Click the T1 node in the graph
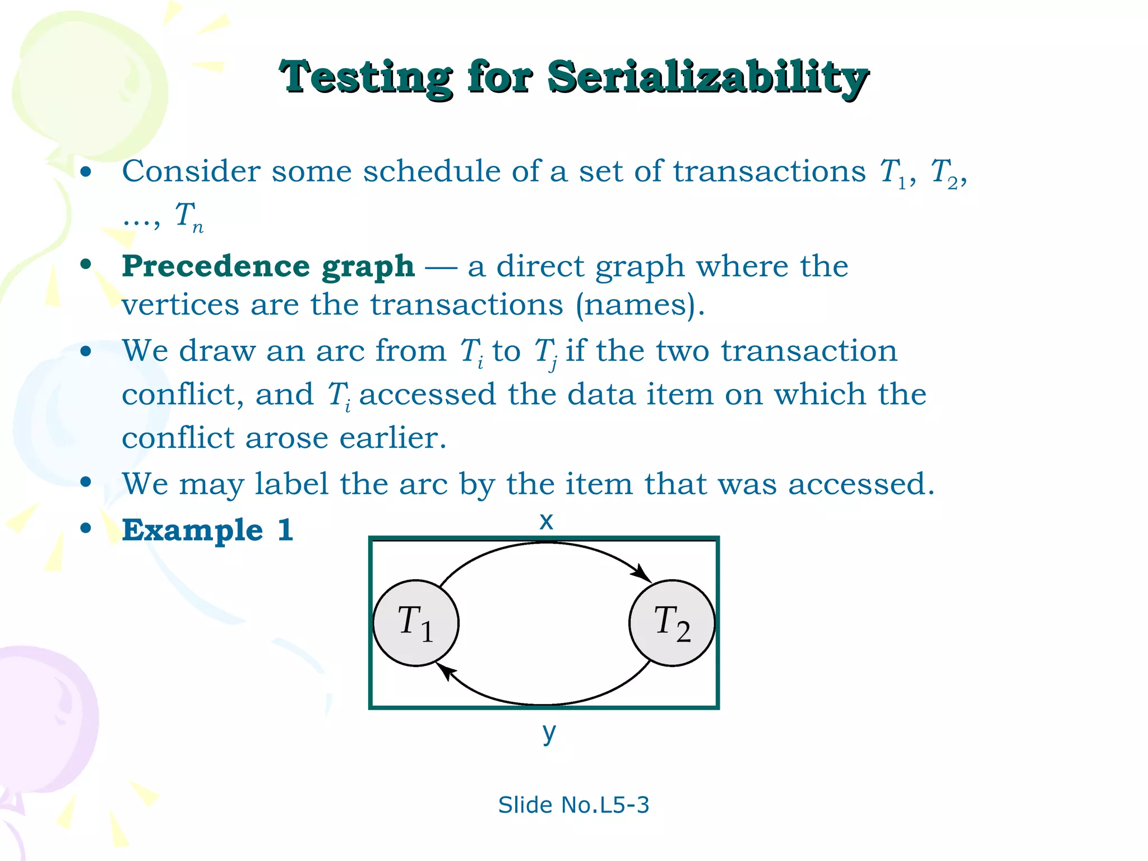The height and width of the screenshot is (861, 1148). tap(416, 623)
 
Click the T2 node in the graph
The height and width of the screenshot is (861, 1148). tap(672, 623)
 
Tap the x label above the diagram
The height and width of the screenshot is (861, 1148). tap(546, 521)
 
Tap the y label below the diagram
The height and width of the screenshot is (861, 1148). tap(549, 732)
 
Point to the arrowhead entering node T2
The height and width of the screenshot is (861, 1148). tap(642, 574)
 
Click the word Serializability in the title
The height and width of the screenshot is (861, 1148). tap(707, 77)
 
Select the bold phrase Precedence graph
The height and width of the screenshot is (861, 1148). tap(268, 266)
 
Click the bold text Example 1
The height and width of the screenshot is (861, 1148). tap(207, 530)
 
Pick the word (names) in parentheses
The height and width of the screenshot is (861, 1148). tap(638, 305)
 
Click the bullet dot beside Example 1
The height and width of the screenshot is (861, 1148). tap(86, 528)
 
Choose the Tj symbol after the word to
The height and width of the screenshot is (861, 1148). tap(545, 353)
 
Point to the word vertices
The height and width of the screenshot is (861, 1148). tap(180, 305)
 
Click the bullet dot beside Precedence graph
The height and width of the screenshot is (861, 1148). tap(86, 264)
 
